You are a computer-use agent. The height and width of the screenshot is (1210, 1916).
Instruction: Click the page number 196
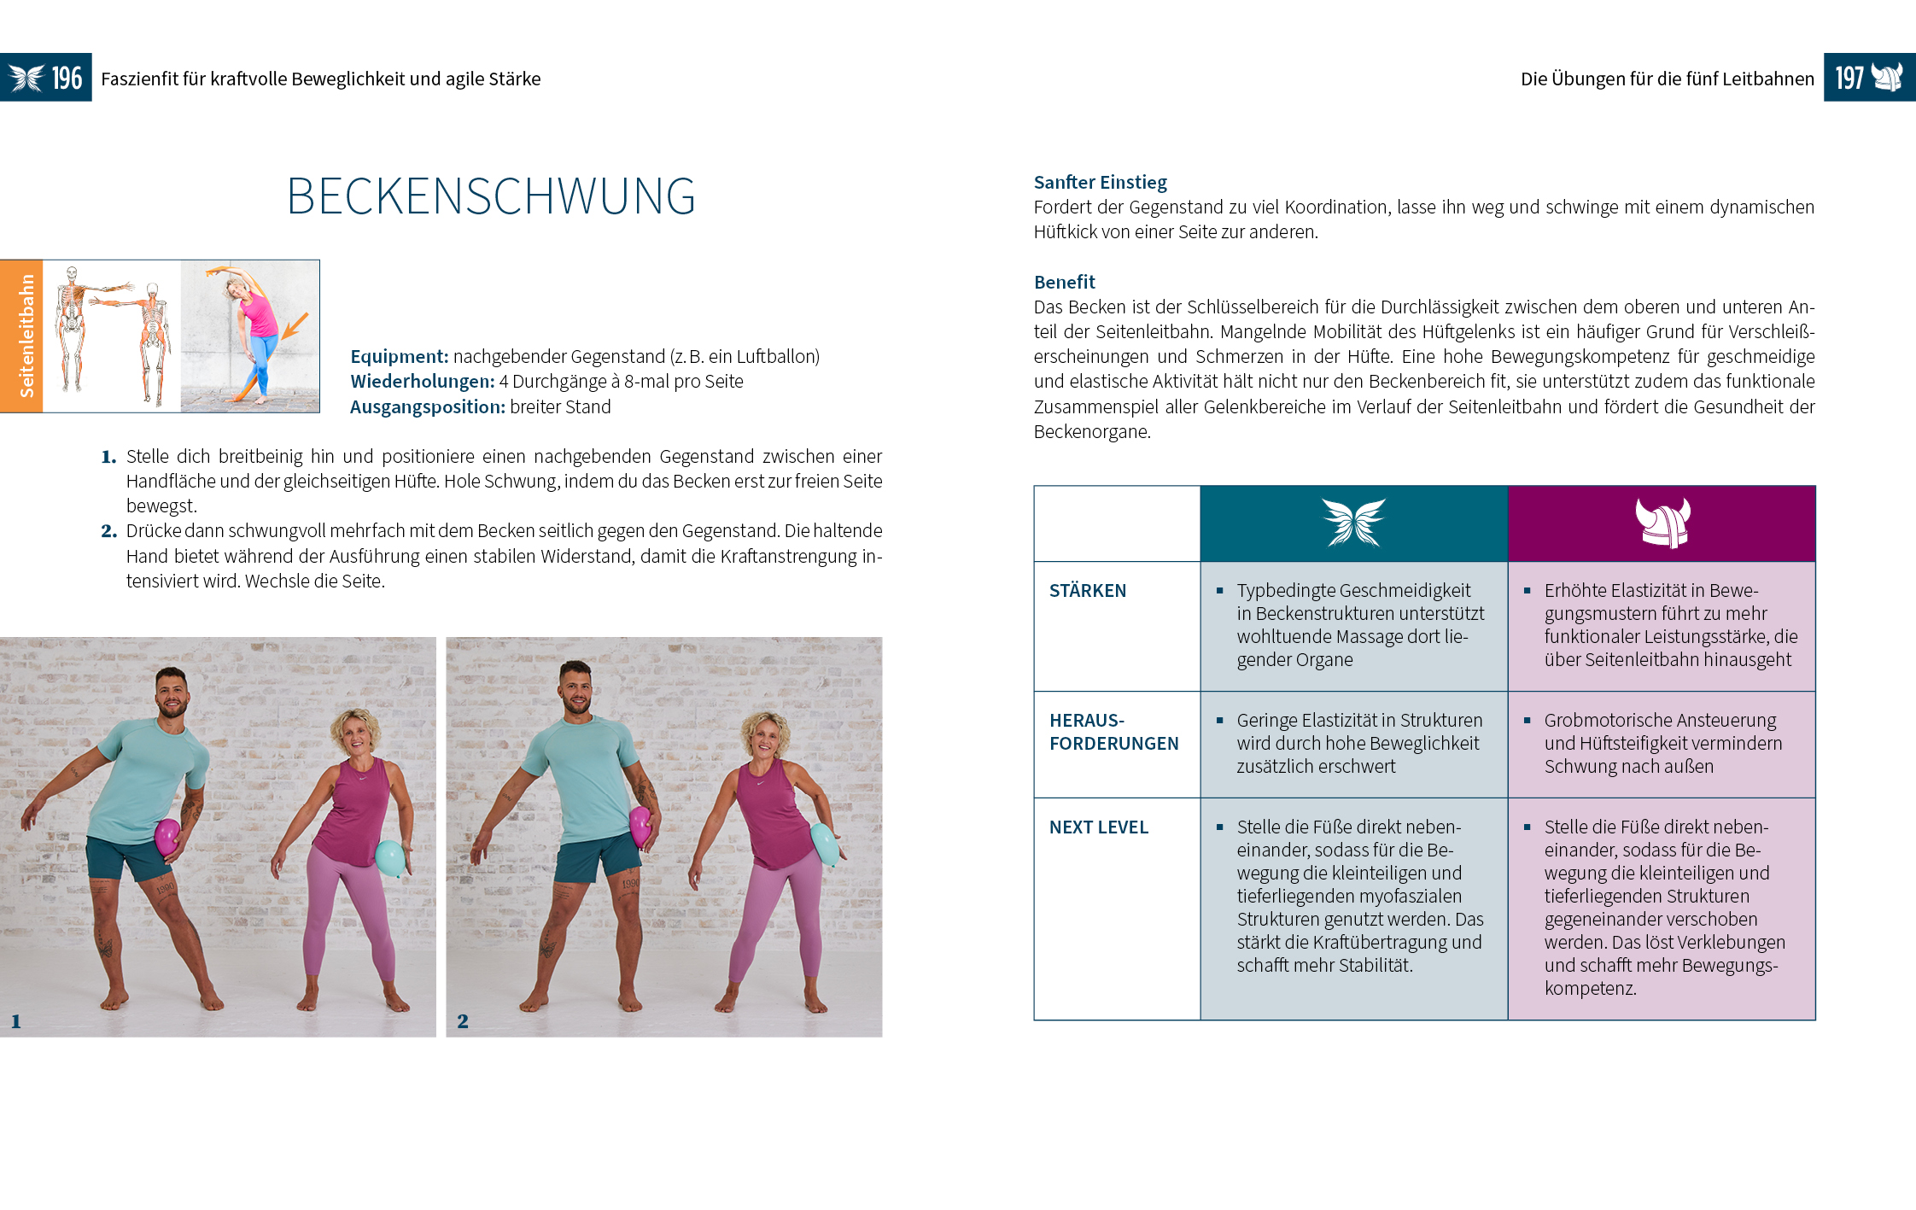pos(67,79)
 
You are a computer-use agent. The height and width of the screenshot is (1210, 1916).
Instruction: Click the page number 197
pos(1849,79)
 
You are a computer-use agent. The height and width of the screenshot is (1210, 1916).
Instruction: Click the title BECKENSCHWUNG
pos(491,196)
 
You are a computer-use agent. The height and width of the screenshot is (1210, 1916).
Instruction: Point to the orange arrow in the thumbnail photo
pos(295,325)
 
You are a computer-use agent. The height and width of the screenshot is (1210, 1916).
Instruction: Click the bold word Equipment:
pos(399,357)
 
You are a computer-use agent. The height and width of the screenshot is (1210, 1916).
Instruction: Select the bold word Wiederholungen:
pos(422,382)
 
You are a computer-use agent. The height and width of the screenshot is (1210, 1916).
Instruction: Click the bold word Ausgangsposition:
pos(427,407)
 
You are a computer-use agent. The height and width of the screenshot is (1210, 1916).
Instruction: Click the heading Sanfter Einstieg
pos(1100,182)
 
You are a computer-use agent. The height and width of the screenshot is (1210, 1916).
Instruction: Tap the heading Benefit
pos(1064,282)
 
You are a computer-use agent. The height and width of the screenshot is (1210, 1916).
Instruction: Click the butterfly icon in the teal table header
pos(1353,523)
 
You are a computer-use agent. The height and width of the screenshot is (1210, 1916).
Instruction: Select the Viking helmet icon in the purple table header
pos(1662,523)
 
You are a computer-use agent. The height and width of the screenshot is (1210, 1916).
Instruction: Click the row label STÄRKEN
pos(1087,591)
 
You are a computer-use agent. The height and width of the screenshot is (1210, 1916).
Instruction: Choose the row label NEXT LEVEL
pos(1098,827)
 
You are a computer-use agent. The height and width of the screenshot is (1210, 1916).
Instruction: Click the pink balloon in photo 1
pos(167,837)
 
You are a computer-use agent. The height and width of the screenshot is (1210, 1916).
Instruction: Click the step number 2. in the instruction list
pos(108,531)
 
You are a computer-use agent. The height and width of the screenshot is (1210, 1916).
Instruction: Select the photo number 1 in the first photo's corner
pos(16,1021)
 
